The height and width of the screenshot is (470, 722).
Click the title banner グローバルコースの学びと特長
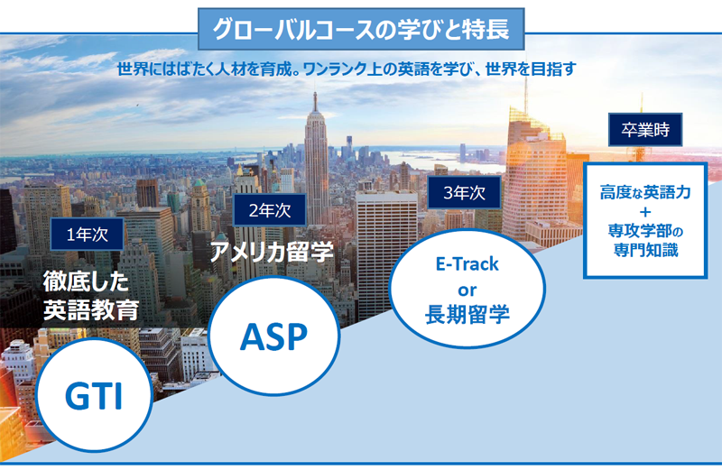click(361, 29)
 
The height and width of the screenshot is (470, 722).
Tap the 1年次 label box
click(87, 235)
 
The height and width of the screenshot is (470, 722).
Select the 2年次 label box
click(270, 210)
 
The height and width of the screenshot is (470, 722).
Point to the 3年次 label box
click(464, 192)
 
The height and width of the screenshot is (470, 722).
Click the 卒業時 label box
click(645, 130)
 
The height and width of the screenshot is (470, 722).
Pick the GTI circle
click(94, 394)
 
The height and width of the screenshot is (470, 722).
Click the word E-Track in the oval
click(467, 263)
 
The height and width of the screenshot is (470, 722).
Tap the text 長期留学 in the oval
click(467, 315)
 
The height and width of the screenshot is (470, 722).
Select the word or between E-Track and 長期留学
click(467, 290)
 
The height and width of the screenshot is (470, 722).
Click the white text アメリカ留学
click(272, 252)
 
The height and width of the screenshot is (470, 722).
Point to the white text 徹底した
click(86, 281)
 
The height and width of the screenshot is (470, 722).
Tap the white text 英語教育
click(91, 309)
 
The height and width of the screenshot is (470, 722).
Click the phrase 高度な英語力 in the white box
click(645, 192)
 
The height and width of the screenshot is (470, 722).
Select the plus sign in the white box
click(645, 212)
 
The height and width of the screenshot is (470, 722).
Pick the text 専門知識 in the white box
click(645, 250)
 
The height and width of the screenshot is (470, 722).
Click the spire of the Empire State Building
click(315, 102)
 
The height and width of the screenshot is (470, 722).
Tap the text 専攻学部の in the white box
click(645, 231)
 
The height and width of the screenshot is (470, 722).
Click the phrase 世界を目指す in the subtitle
click(531, 69)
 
